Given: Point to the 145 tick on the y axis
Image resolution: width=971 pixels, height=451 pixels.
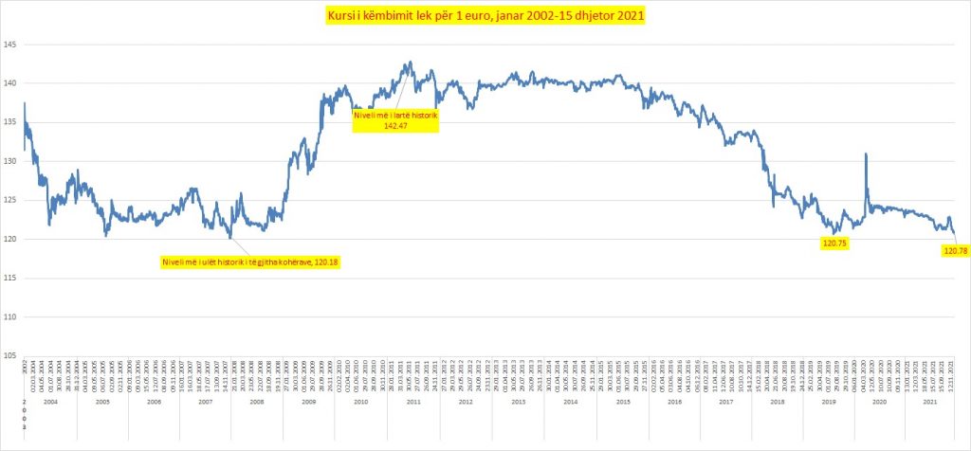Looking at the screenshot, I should (9, 45).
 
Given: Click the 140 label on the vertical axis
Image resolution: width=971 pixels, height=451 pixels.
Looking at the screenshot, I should (9, 83).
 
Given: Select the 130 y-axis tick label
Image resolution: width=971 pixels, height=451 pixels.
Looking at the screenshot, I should (9, 161).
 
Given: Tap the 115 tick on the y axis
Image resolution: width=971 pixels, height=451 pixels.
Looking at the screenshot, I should (9, 278).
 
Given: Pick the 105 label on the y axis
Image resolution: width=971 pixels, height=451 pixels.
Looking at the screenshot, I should (9, 355).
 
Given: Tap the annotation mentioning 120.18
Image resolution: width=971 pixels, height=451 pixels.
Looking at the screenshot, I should (248, 262).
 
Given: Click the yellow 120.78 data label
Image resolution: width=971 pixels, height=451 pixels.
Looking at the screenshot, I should (954, 250).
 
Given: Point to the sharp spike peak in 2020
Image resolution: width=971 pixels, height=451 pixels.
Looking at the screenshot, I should (866, 153).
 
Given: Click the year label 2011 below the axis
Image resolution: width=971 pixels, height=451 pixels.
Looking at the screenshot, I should (413, 403).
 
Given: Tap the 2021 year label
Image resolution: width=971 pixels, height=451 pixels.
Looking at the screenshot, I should (929, 403).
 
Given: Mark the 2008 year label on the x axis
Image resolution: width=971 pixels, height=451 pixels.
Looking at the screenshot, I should (257, 403).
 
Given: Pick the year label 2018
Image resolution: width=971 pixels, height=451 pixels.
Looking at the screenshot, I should (778, 403).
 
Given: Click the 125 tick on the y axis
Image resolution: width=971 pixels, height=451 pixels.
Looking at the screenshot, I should (9, 200).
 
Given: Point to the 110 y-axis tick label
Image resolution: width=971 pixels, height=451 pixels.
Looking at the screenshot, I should (9, 316).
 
